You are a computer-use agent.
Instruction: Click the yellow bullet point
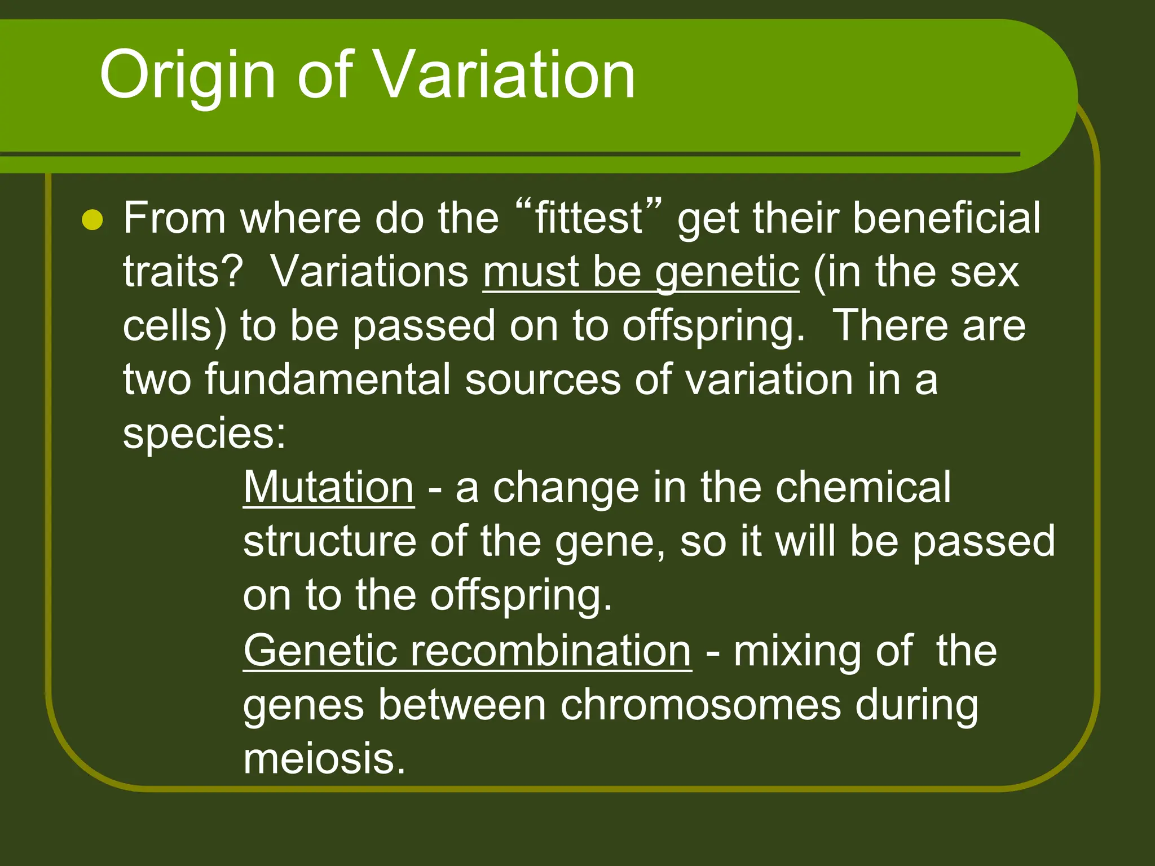coord(92,220)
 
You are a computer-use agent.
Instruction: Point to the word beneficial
coord(946,218)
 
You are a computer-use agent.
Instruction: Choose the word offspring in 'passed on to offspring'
coord(713,327)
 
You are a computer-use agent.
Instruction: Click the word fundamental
coord(327,379)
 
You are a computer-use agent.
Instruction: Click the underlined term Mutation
coord(329,488)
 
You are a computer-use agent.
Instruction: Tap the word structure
coord(329,542)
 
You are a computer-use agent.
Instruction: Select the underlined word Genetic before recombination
coord(319,651)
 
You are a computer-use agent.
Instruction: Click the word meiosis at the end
coord(324,759)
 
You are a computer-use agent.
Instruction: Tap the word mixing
coord(797,651)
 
